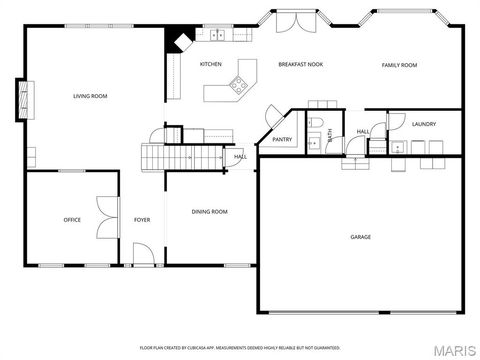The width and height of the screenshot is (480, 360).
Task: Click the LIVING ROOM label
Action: point(90,96)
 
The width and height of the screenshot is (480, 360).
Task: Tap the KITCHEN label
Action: point(210,64)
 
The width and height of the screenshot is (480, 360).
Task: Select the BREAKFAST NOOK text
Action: point(300,64)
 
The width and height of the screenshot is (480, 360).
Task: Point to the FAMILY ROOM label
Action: point(399,65)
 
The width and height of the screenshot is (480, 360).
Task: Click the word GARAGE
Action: point(360,237)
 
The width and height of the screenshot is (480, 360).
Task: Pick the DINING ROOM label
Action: point(210,211)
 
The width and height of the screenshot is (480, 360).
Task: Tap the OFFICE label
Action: point(72,220)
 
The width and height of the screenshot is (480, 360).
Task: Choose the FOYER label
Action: point(142,220)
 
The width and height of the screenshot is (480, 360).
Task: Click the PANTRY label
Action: point(282,139)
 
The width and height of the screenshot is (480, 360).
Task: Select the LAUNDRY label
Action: point(424,123)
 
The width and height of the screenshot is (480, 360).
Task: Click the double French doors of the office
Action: point(104,218)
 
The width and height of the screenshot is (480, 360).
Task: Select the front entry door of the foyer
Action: point(142,261)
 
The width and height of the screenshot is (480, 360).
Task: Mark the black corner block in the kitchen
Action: point(179,41)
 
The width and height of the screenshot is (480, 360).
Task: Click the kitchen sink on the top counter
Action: point(216,35)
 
